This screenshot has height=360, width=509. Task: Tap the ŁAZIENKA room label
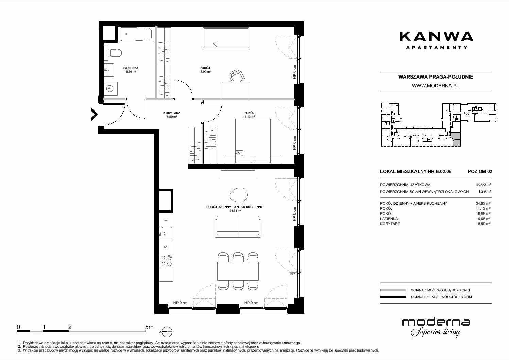(x=131, y=68)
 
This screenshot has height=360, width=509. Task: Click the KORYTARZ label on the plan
(x=172, y=113)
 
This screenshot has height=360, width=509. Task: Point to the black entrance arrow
(x=94, y=114)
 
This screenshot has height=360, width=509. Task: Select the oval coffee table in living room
(x=239, y=195)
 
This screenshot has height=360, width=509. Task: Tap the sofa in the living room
(x=238, y=227)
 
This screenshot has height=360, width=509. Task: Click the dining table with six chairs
(x=238, y=271)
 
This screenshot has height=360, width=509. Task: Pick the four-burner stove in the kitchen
(x=166, y=261)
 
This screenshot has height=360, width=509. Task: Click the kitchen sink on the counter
(x=166, y=234)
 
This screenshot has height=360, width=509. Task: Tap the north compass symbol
(x=167, y=332)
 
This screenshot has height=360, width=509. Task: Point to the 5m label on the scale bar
(x=149, y=327)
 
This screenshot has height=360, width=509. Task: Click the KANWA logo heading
(x=436, y=37)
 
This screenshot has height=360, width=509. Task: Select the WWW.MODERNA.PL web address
(x=435, y=86)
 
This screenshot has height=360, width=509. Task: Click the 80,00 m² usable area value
(x=483, y=185)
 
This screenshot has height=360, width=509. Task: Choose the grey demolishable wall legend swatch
(x=393, y=290)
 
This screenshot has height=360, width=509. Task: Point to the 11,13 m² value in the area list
(x=483, y=208)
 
